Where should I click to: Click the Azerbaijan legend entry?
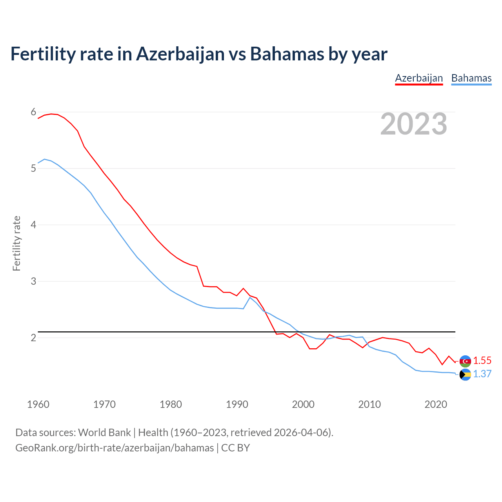pos(419,78)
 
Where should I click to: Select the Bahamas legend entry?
pos(471,78)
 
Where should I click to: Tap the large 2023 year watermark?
pos(413,124)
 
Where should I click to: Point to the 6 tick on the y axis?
pos(33,112)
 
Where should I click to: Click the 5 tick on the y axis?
pos(33,169)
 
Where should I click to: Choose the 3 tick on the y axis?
pos(33,281)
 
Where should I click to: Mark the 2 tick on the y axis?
pos(33,338)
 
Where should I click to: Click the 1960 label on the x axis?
pos(38,404)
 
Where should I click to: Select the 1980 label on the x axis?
pos(171,404)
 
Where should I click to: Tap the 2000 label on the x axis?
pos(303,404)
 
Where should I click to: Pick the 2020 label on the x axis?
pos(436,404)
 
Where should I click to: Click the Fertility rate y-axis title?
pos(16,243)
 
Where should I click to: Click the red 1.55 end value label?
pos(482,361)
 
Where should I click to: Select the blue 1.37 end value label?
pos(482,374)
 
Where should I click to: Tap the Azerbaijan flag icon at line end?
pos(465,361)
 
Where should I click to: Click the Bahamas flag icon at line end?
pos(465,375)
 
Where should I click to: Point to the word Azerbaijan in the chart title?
pos(180,54)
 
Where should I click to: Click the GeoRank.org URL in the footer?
pos(115,448)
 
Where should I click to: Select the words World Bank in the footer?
pos(104,433)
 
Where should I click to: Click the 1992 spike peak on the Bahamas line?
pos(250,297)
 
